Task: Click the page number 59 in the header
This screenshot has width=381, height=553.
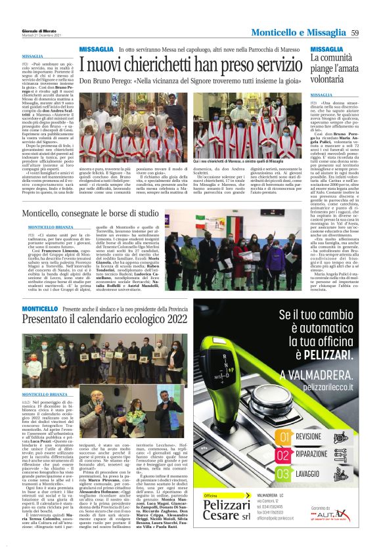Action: tap(354, 33)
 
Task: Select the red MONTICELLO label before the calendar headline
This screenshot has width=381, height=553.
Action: tap(40, 309)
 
